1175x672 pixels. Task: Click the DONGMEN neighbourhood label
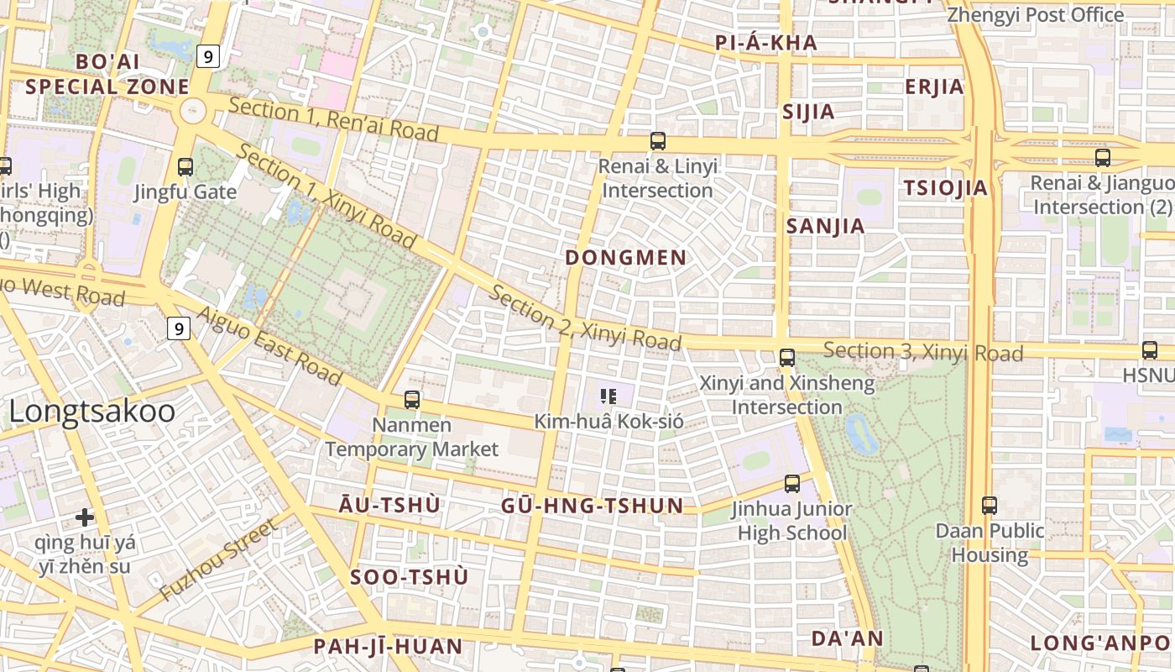point(625,258)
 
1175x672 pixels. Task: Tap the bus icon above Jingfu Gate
point(185,167)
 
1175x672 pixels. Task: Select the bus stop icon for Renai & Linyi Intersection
point(658,141)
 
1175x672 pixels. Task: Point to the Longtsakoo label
point(92,412)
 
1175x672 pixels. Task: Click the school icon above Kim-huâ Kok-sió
point(608,396)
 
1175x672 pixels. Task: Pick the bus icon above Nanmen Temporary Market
point(411,400)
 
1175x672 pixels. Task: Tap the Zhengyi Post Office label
point(1035,15)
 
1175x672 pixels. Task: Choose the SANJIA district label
point(825,226)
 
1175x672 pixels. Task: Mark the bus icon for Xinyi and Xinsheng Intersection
point(787,358)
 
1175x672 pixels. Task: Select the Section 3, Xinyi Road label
point(923,352)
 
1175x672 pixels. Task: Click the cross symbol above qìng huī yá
point(84,517)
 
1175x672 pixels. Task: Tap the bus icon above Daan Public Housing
point(990,506)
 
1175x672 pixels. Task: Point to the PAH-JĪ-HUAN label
point(388,646)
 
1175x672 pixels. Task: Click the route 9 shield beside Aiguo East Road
point(178,328)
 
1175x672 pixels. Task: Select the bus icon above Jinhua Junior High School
point(791,484)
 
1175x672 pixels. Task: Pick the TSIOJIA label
point(946,188)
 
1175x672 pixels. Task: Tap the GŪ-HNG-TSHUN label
point(592,506)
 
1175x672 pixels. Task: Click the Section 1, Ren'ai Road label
point(333,119)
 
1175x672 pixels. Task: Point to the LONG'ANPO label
point(1099,643)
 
